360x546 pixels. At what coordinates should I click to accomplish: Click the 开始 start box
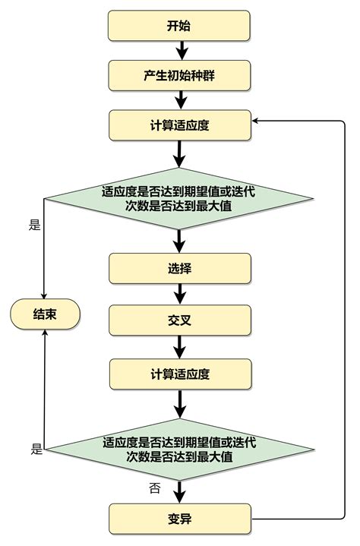tap(179, 26)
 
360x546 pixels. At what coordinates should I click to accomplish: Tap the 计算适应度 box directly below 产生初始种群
tap(179, 125)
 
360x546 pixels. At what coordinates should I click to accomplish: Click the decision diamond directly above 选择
tap(179, 199)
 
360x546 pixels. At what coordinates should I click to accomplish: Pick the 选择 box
tap(179, 269)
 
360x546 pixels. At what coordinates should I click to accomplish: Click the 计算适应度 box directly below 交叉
tap(179, 374)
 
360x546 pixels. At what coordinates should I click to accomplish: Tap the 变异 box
tap(179, 519)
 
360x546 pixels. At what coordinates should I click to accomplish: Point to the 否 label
tap(154, 488)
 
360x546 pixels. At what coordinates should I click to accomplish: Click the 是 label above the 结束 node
tap(33, 226)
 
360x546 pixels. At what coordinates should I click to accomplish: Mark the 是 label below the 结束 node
tap(36, 448)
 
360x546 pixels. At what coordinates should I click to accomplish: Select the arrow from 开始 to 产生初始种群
tap(181, 51)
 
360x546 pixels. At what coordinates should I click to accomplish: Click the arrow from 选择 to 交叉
tap(181, 294)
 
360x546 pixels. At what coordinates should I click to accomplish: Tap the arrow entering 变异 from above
tap(181, 491)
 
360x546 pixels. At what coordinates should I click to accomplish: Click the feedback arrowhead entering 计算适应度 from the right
tap(257, 121)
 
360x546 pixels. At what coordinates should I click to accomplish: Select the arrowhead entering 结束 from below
tap(45, 332)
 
